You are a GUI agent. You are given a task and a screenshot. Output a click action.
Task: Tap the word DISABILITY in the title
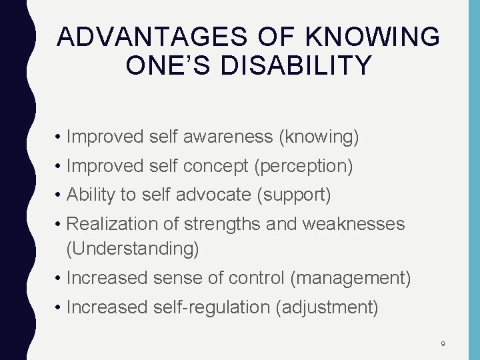click(315, 66)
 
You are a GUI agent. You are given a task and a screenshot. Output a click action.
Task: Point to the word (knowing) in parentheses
click(319, 137)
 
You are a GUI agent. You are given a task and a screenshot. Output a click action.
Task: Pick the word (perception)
click(303, 167)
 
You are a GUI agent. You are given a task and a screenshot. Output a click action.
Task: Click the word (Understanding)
click(133, 249)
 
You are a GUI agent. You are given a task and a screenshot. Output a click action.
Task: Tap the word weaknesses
click(353, 224)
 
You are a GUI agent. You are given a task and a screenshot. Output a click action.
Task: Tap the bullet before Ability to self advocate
click(59, 195)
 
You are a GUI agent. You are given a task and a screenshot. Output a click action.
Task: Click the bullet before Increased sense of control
click(59, 278)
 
